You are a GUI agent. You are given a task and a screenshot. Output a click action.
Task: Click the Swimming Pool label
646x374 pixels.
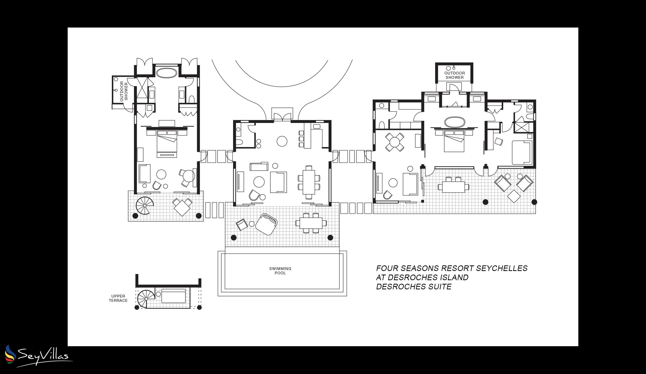click(280, 271)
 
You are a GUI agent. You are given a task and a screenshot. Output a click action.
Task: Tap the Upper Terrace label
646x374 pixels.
click(118, 298)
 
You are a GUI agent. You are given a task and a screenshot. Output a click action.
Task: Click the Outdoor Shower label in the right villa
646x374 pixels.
click(454, 75)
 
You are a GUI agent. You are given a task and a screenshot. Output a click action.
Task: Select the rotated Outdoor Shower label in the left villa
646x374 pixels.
click(124, 91)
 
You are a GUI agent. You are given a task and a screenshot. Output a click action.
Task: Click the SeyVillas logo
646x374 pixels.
click(39, 356)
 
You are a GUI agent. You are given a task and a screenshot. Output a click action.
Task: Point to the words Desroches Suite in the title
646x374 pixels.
click(413, 287)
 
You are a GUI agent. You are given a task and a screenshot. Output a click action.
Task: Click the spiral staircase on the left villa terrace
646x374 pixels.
click(145, 205)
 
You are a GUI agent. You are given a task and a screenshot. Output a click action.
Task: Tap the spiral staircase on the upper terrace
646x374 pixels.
click(146, 299)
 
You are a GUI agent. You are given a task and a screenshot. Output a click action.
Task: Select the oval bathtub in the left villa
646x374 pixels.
click(167, 73)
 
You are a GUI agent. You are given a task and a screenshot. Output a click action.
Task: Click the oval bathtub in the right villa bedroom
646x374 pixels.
click(454, 122)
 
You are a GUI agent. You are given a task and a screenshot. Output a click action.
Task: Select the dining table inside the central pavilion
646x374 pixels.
click(309, 182)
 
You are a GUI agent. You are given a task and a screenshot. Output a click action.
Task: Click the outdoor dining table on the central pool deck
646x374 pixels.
click(311, 223)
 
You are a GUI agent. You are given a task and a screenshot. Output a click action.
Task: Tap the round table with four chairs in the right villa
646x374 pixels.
click(394, 142)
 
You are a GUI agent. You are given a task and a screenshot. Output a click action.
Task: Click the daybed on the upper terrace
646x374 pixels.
click(173, 296)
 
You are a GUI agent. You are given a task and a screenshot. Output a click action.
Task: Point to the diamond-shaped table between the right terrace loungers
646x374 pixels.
click(514, 196)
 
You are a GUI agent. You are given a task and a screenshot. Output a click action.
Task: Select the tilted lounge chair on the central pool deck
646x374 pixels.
click(267, 224)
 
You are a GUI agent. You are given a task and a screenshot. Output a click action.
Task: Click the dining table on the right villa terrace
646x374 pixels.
click(453, 187)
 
